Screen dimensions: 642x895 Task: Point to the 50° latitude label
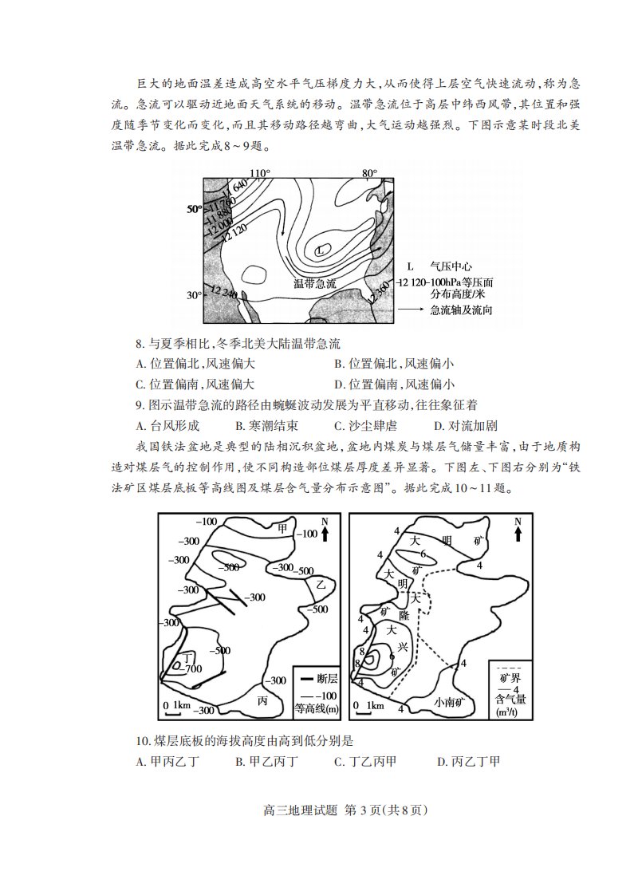[x=195, y=209]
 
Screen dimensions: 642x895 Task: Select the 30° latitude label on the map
[x=195, y=295]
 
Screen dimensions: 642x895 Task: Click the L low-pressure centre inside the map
[x=321, y=250]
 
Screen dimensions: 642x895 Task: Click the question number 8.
[x=140, y=344]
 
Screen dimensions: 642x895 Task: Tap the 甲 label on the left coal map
[x=282, y=528]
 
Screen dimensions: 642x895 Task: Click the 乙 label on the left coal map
[x=320, y=585]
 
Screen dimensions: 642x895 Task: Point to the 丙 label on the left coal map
[x=262, y=701]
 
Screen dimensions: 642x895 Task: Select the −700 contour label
[x=193, y=668]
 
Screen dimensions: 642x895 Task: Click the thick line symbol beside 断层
[x=306, y=679]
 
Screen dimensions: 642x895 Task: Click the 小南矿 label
[x=455, y=702]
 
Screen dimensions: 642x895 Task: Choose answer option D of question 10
[x=469, y=762]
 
